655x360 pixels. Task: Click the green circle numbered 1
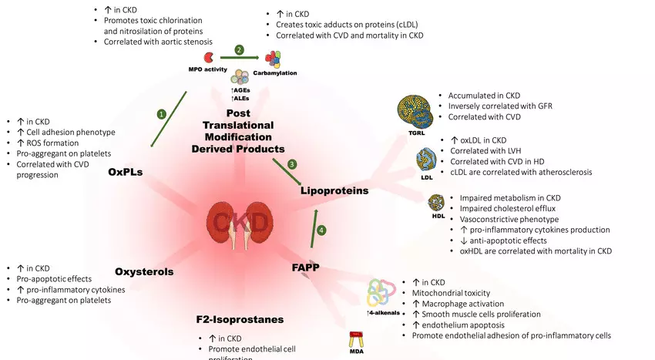161,113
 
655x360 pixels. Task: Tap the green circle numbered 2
239,50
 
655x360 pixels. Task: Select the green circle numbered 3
292,164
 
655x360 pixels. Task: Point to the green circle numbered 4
322,229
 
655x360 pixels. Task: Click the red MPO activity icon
207,58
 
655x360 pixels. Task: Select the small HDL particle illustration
438,204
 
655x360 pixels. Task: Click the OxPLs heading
125,172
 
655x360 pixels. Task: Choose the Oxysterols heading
144,271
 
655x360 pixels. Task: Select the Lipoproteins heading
334,190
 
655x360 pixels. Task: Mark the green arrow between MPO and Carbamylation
239,58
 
